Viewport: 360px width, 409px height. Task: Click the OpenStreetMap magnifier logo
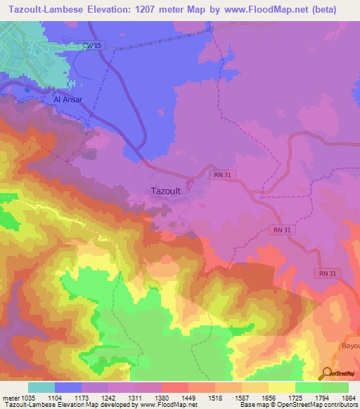tap(326, 375)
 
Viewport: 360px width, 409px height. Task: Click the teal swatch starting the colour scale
tap(41, 387)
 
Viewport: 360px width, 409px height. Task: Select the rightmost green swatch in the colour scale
tap(335, 387)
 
